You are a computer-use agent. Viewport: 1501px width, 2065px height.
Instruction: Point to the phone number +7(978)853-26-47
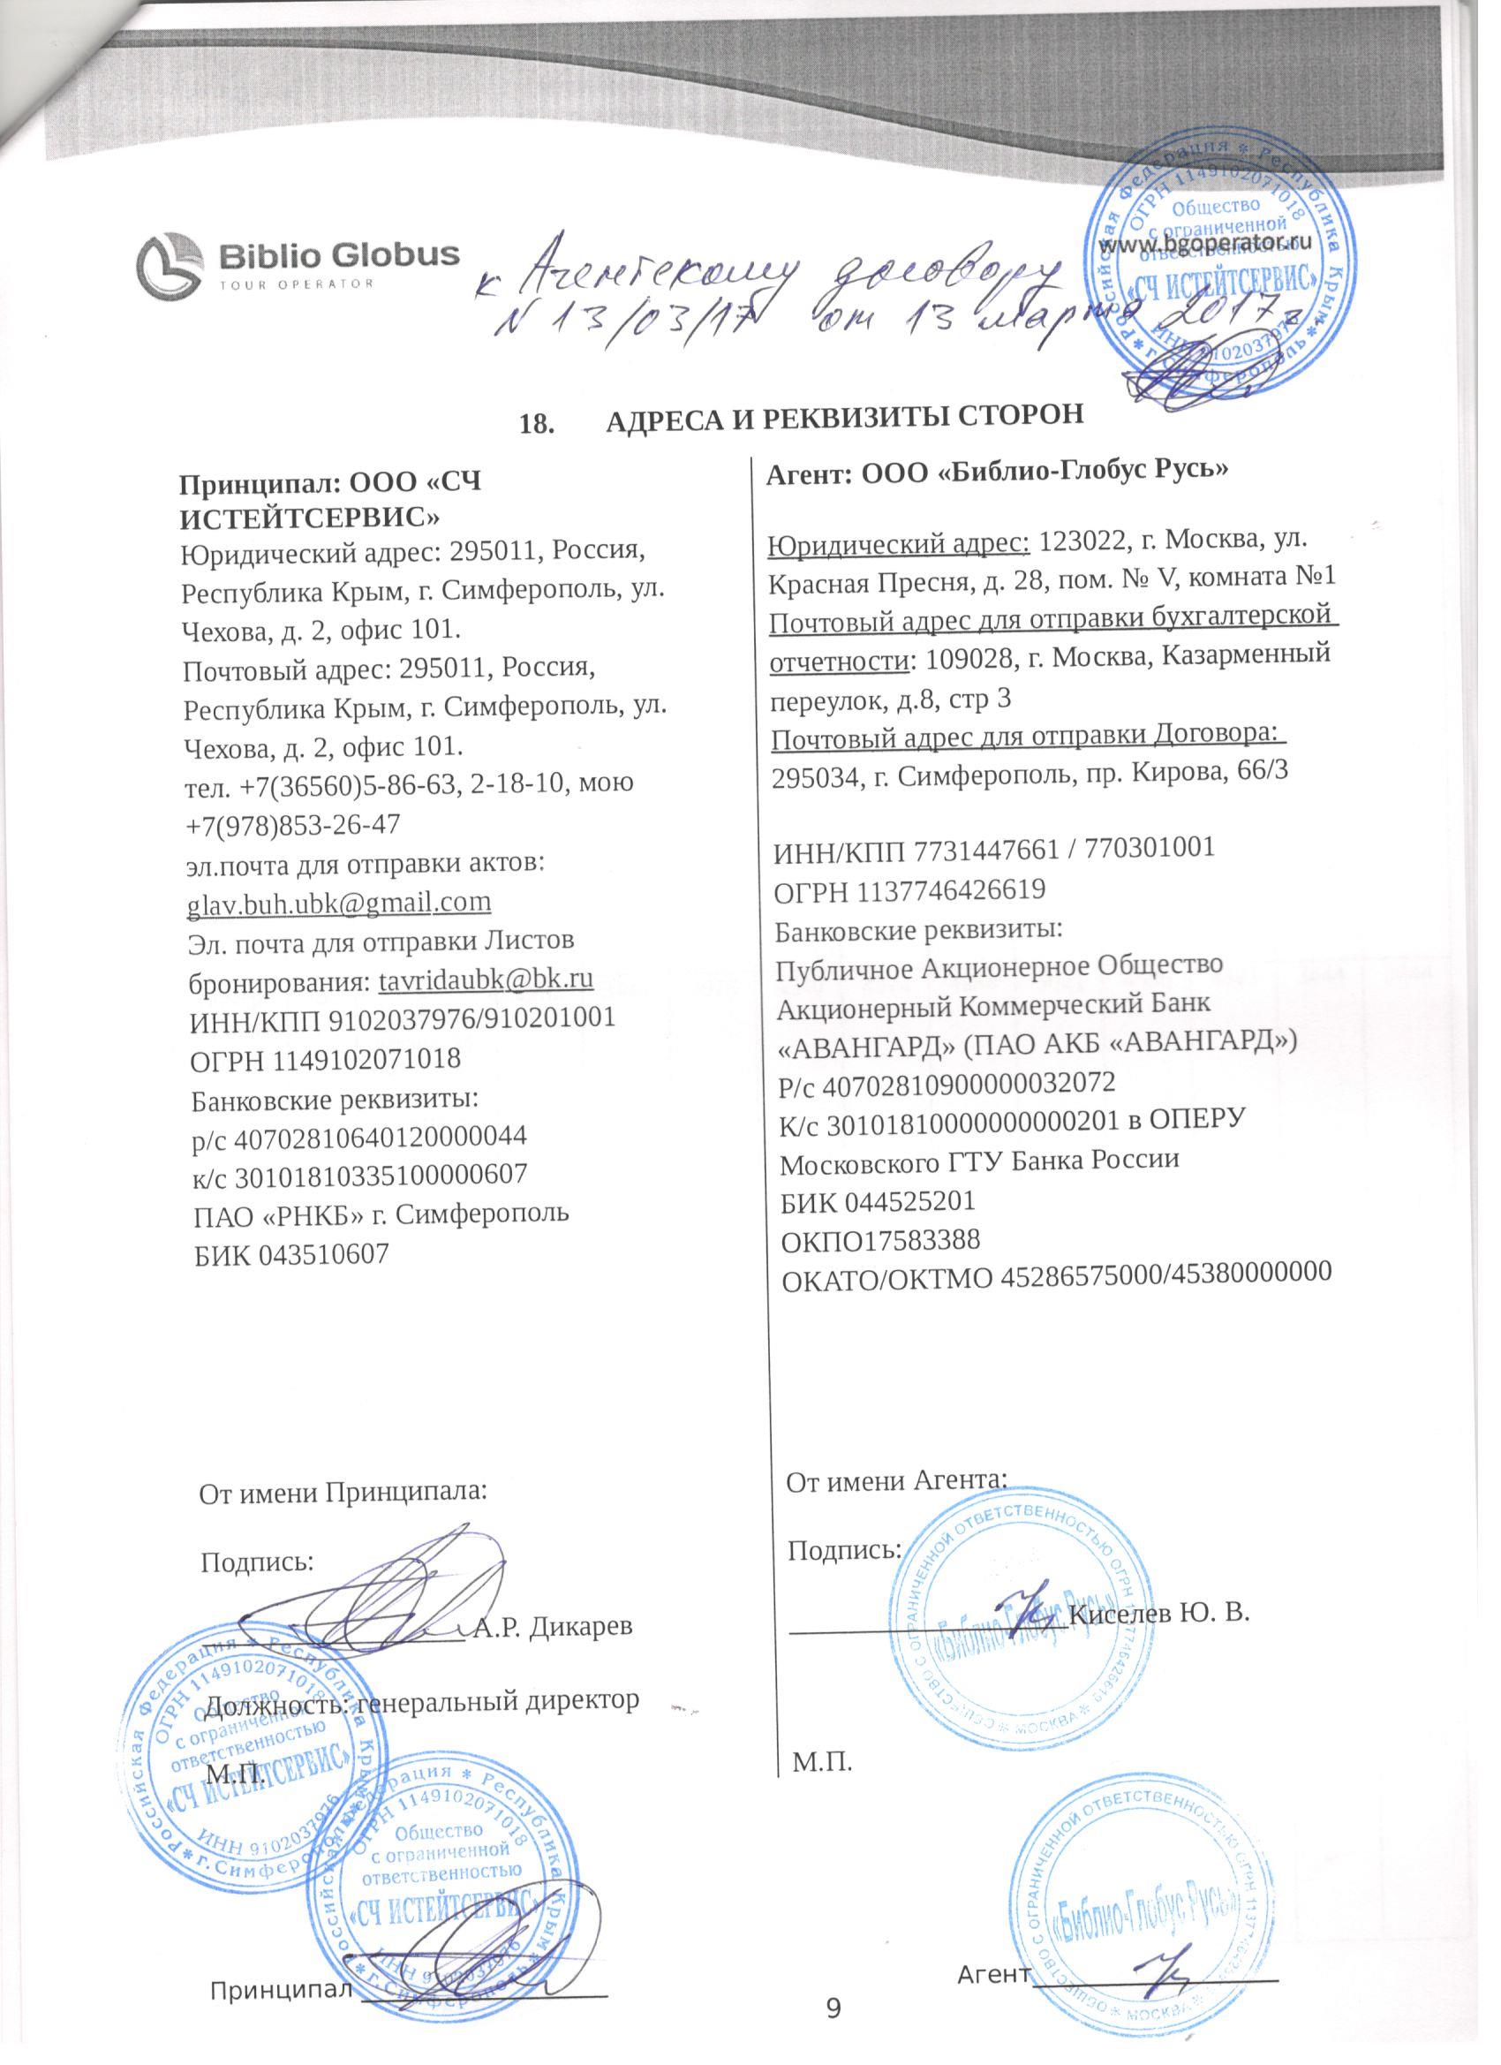click(x=292, y=824)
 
